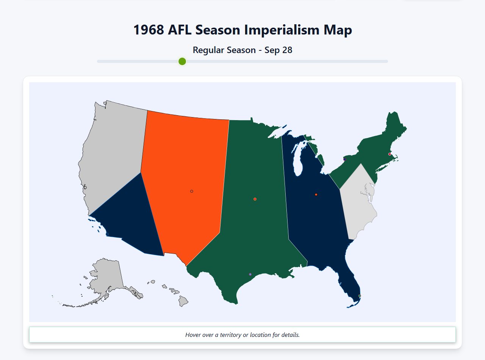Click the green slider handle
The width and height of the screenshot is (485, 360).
pos(182,61)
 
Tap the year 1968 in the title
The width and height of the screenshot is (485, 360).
pos(149,30)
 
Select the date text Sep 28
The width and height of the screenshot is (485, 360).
pos(278,50)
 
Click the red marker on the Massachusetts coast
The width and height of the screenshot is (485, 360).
pos(390,154)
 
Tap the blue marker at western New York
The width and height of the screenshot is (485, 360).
pos(344,160)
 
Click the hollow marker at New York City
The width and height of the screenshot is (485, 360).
pos(377,171)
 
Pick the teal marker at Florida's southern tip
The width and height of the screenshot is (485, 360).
pos(360,296)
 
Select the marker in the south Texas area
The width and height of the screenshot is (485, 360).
pos(250,274)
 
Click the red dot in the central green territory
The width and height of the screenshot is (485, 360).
pos(255,199)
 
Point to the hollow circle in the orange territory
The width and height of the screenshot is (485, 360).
pos(192,191)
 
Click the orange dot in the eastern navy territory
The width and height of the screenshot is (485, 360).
pos(316,195)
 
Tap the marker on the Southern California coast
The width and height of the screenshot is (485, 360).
pos(107,234)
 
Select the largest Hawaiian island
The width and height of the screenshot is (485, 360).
pos(183,302)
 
